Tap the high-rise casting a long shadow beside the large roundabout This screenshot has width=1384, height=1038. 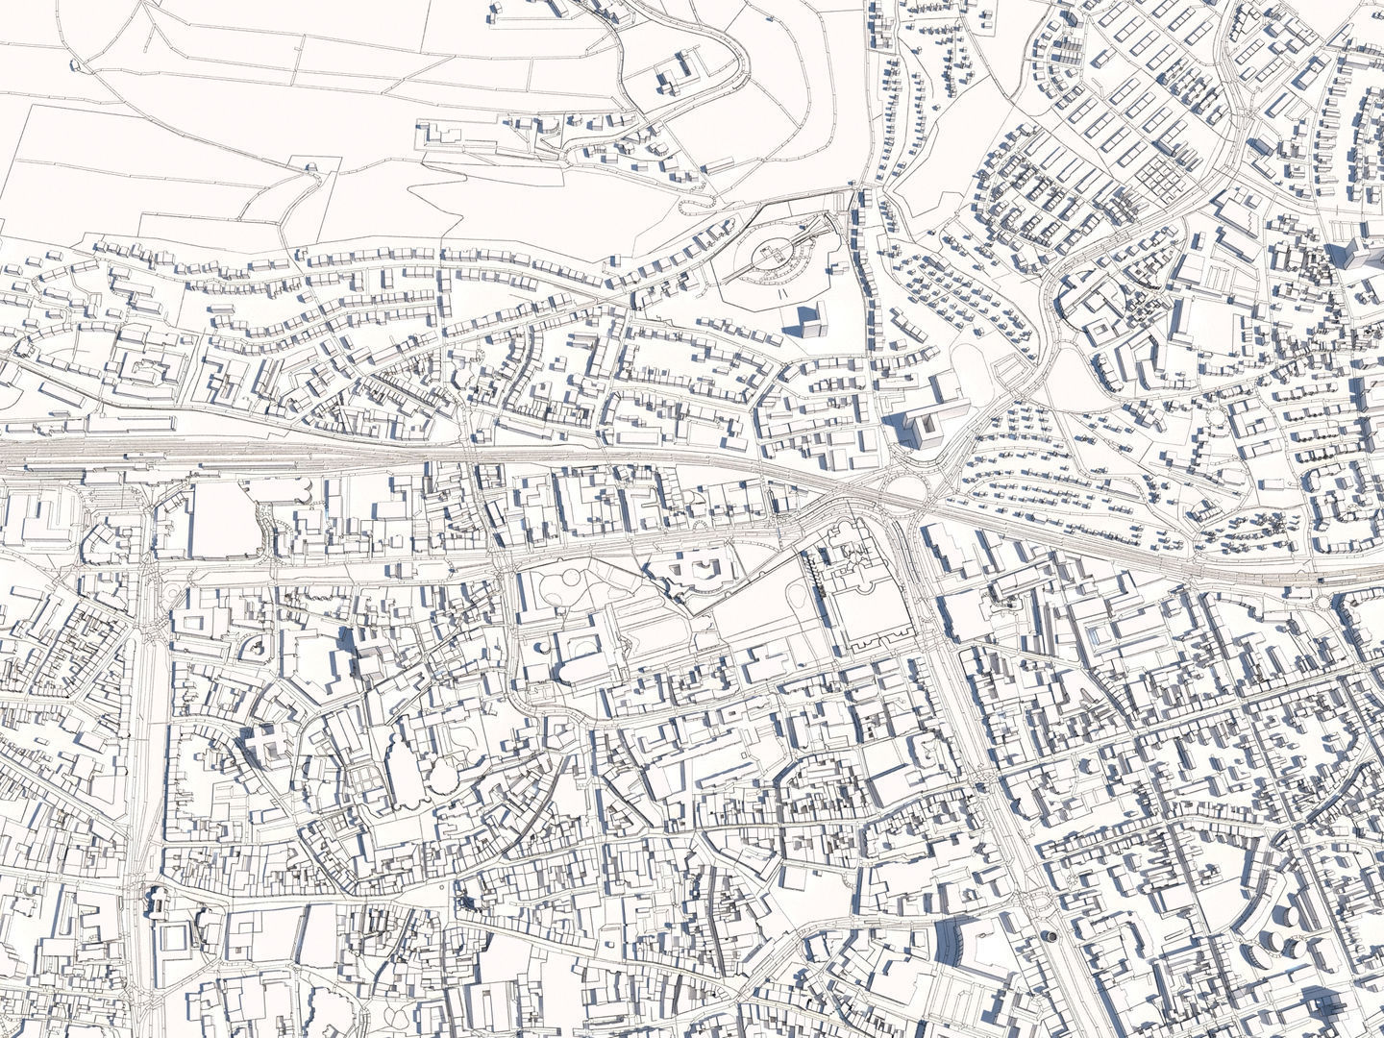[x=919, y=427]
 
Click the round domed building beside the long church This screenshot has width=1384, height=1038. [x=442, y=775]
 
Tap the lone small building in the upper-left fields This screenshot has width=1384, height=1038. [x=310, y=168]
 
